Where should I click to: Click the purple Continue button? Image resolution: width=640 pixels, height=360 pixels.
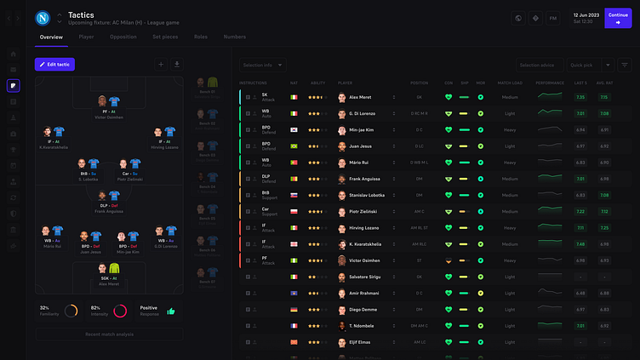click(618, 18)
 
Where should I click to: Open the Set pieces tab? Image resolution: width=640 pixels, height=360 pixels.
click(166, 37)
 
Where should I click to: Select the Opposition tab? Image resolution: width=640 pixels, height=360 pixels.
click(123, 37)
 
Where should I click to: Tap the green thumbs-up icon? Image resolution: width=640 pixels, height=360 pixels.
click(170, 311)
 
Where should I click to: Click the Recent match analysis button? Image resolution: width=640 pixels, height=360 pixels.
click(109, 334)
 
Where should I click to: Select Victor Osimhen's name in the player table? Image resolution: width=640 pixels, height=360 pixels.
click(362, 260)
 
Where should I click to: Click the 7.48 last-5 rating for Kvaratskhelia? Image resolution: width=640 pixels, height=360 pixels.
click(580, 244)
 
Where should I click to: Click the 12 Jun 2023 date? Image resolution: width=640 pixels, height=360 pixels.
click(586, 14)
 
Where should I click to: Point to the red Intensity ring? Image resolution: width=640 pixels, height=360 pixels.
click(120, 311)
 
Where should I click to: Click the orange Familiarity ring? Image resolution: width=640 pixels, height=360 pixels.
click(71, 311)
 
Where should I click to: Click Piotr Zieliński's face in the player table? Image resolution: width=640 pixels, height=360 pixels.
click(342, 211)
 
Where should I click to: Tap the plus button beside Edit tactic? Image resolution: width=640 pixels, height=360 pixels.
click(161, 64)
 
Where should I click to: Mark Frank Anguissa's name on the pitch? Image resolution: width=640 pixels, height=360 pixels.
click(109, 211)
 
